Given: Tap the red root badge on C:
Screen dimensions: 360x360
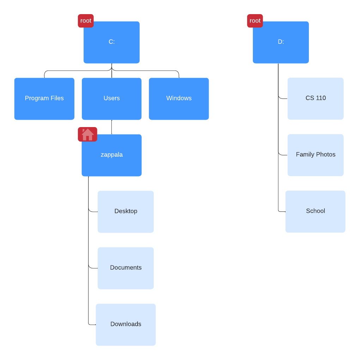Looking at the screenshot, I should click(86, 21).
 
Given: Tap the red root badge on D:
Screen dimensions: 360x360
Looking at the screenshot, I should click(255, 21).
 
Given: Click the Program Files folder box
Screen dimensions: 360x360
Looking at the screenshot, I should click(44, 99).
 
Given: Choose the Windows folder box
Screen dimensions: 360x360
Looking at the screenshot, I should click(179, 99).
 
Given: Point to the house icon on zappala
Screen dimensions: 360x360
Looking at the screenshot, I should click(87, 134).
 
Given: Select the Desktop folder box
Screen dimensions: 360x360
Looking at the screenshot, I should click(126, 212).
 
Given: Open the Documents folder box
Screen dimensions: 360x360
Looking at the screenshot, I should click(126, 268).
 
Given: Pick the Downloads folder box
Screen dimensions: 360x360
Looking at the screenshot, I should click(126, 325).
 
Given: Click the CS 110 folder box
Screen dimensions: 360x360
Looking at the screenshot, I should click(316, 98).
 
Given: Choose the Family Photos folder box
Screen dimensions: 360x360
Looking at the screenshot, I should click(316, 155).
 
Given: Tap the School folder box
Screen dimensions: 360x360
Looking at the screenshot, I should click(315, 211).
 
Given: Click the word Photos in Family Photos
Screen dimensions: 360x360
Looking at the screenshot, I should click(325, 155).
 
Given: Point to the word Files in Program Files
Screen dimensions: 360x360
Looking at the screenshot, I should click(56, 98).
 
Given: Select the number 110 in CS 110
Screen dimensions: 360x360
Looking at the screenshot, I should click(321, 98).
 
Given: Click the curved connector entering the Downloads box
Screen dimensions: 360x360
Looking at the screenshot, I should click(91, 324).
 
